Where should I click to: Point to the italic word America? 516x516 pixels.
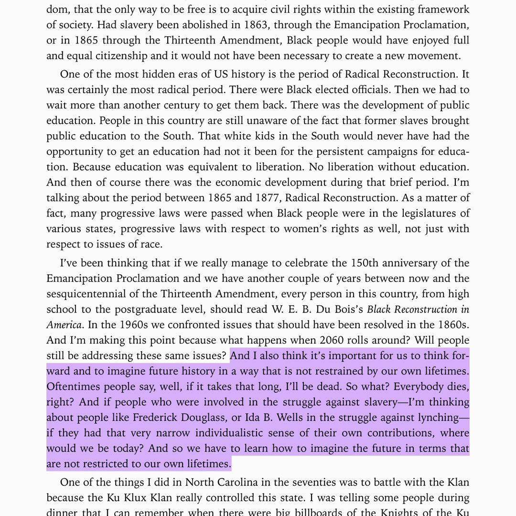pos(64,325)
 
